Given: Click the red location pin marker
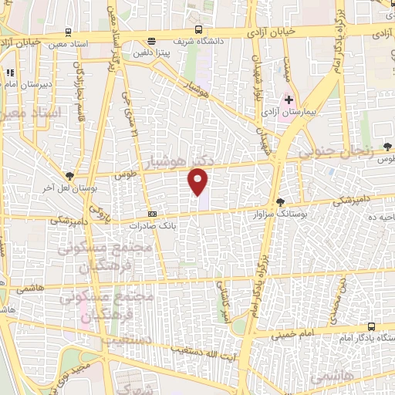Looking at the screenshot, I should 199,181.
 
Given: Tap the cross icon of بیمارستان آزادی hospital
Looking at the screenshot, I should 289,100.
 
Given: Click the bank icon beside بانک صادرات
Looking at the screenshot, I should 152,214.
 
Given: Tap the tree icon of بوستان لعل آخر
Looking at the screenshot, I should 69,177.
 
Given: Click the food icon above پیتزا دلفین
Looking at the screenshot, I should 152,41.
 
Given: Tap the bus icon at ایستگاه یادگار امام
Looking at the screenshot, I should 371,327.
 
